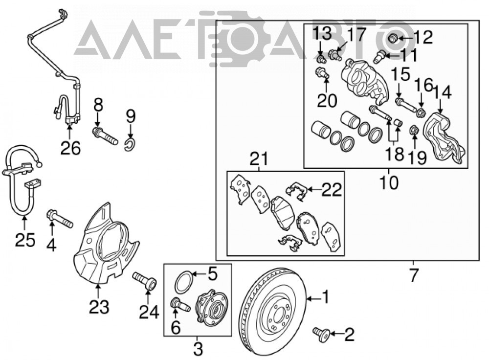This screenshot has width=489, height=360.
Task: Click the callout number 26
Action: coord(70,148)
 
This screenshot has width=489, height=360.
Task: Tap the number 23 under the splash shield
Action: coord(99,307)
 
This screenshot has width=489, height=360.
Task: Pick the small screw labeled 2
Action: coord(321,334)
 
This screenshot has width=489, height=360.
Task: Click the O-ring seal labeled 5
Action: coord(183,282)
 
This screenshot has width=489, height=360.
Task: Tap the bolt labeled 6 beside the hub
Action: coord(180,304)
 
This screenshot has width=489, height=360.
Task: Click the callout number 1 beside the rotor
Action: coord(325,297)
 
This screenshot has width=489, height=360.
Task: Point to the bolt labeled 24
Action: coord(145,280)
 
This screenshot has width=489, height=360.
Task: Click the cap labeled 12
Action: coord(393,39)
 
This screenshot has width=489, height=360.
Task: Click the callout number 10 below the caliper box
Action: coord(389,182)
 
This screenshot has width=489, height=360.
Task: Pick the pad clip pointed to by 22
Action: coord(295,191)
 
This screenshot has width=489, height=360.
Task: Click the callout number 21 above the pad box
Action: coord(259,159)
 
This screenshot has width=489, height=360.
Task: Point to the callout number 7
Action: coord(413,275)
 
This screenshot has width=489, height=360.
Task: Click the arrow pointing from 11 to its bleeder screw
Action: coord(389,56)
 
